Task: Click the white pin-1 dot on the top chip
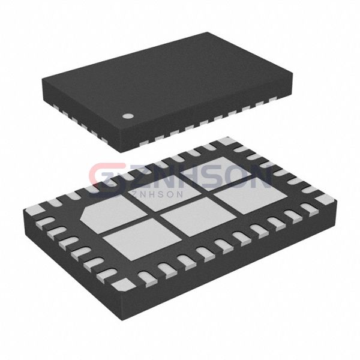[x=128, y=116]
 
